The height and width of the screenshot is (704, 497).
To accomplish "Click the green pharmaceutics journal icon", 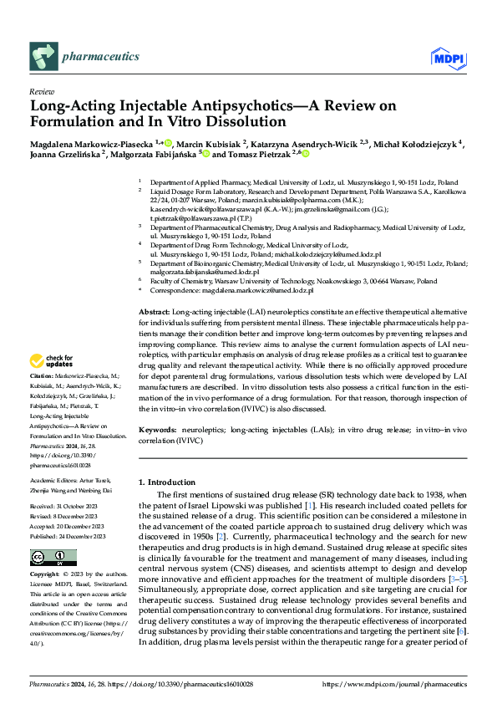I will point(44,57).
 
